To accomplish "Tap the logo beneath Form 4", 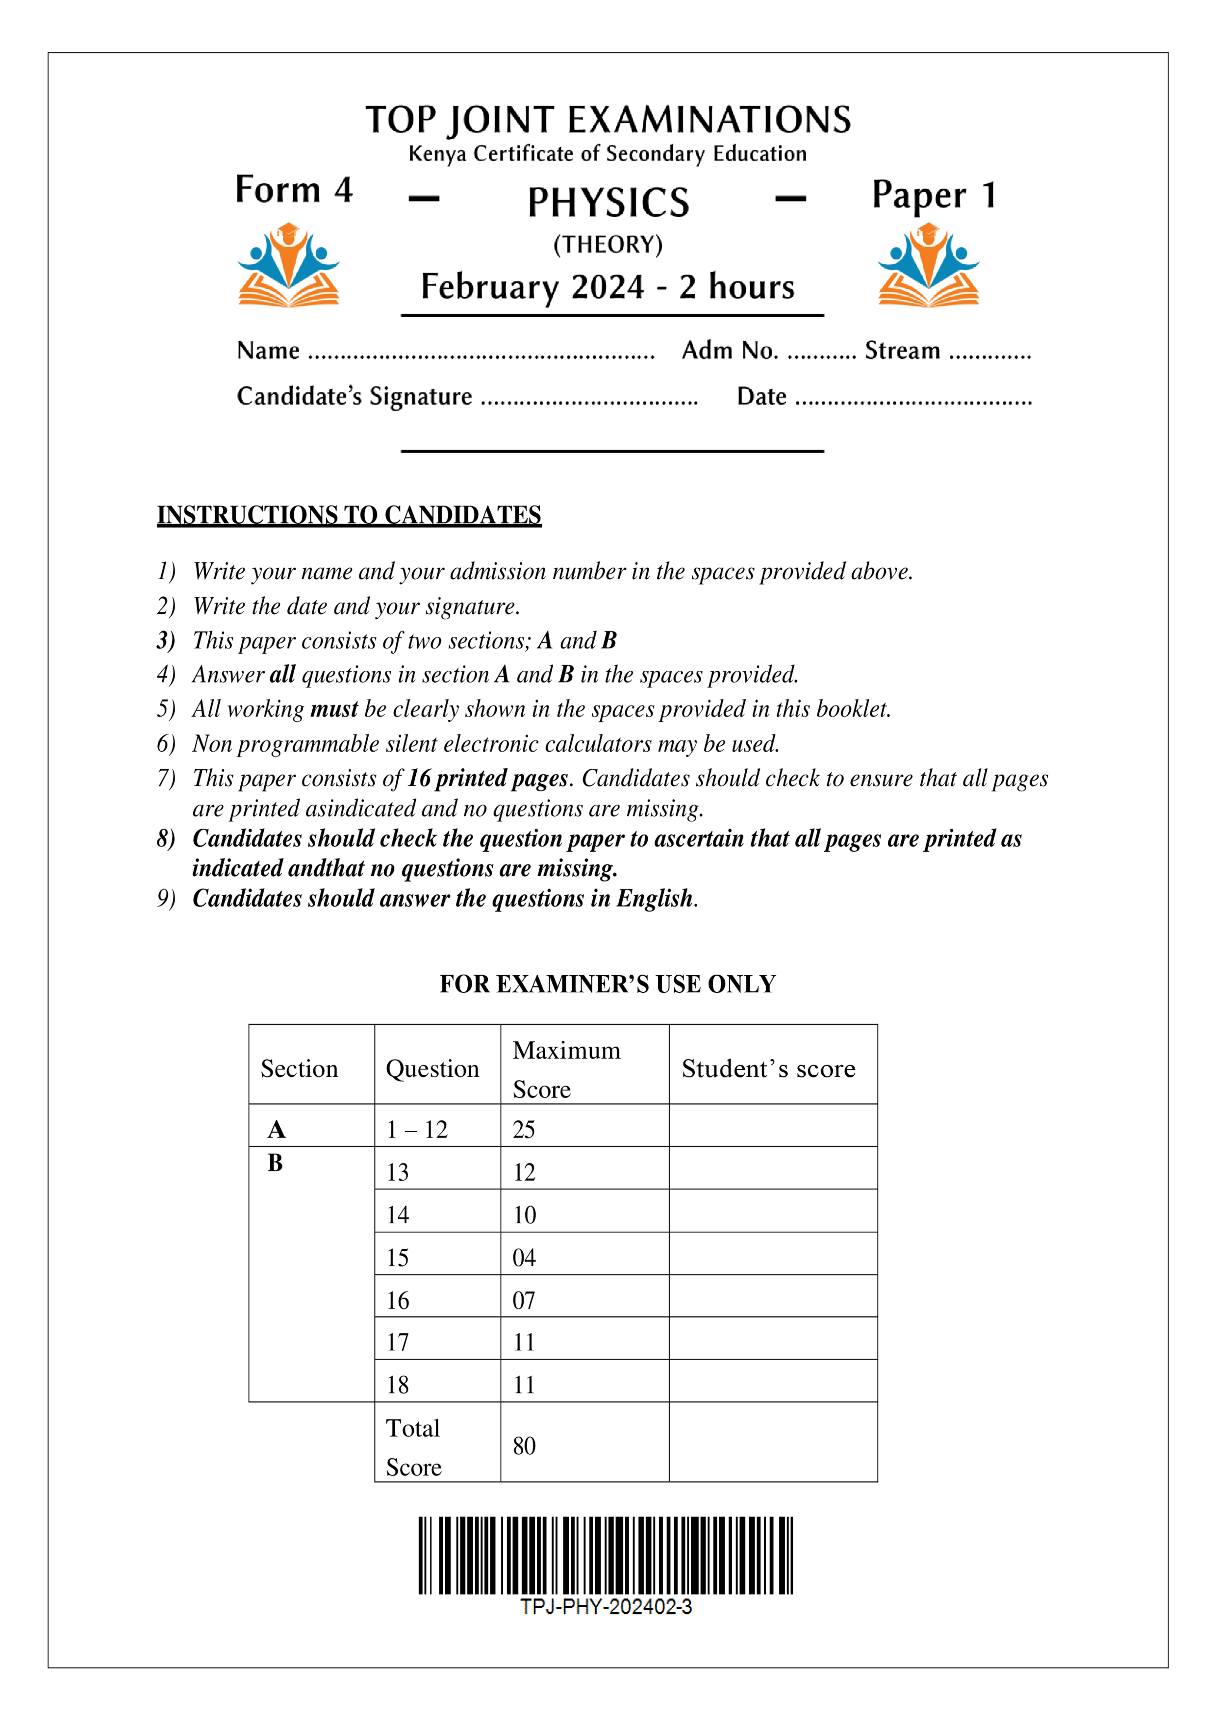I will pyautogui.click(x=288, y=265).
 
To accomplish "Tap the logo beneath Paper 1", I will pyautogui.click(x=928, y=265).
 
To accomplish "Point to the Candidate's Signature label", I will pyautogui.click(x=355, y=396).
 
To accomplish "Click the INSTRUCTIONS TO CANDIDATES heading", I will pyautogui.click(x=349, y=515).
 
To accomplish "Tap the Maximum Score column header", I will pyautogui.click(x=566, y=1069).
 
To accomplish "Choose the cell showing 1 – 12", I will pyautogui.click(x=417, y=1129).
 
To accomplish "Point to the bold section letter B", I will pyautogui.click(x=275, y=1164).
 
